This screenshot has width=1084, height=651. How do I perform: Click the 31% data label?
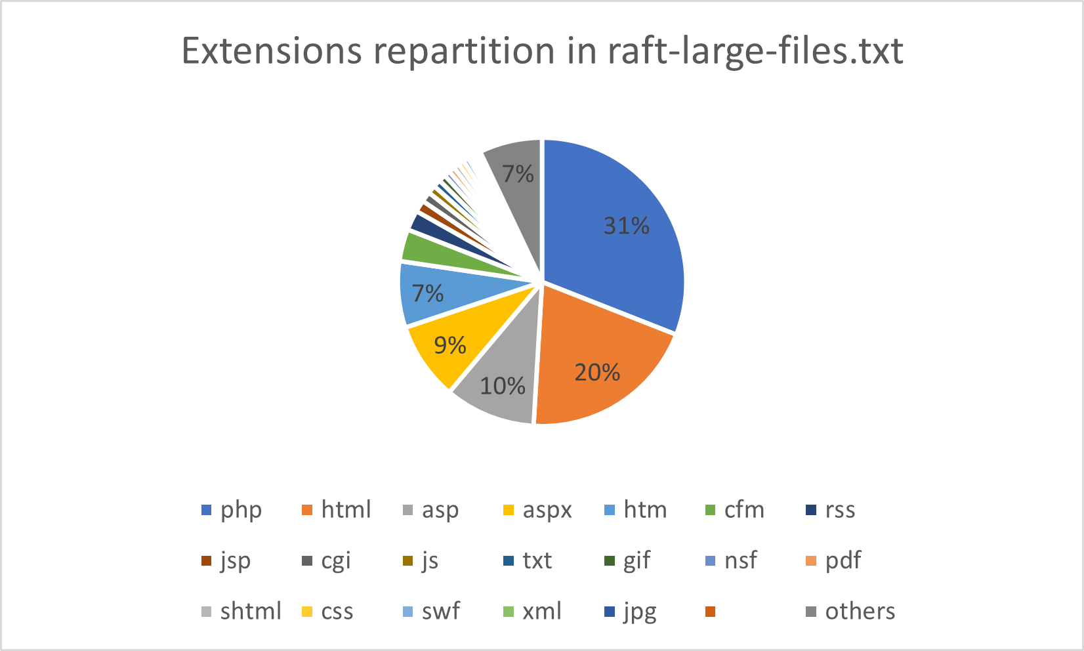point(627,226)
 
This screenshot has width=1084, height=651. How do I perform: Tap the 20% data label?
point(597,373)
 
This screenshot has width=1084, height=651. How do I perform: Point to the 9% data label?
point(450,345)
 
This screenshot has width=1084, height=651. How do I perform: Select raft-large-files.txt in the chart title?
point(755,51)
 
